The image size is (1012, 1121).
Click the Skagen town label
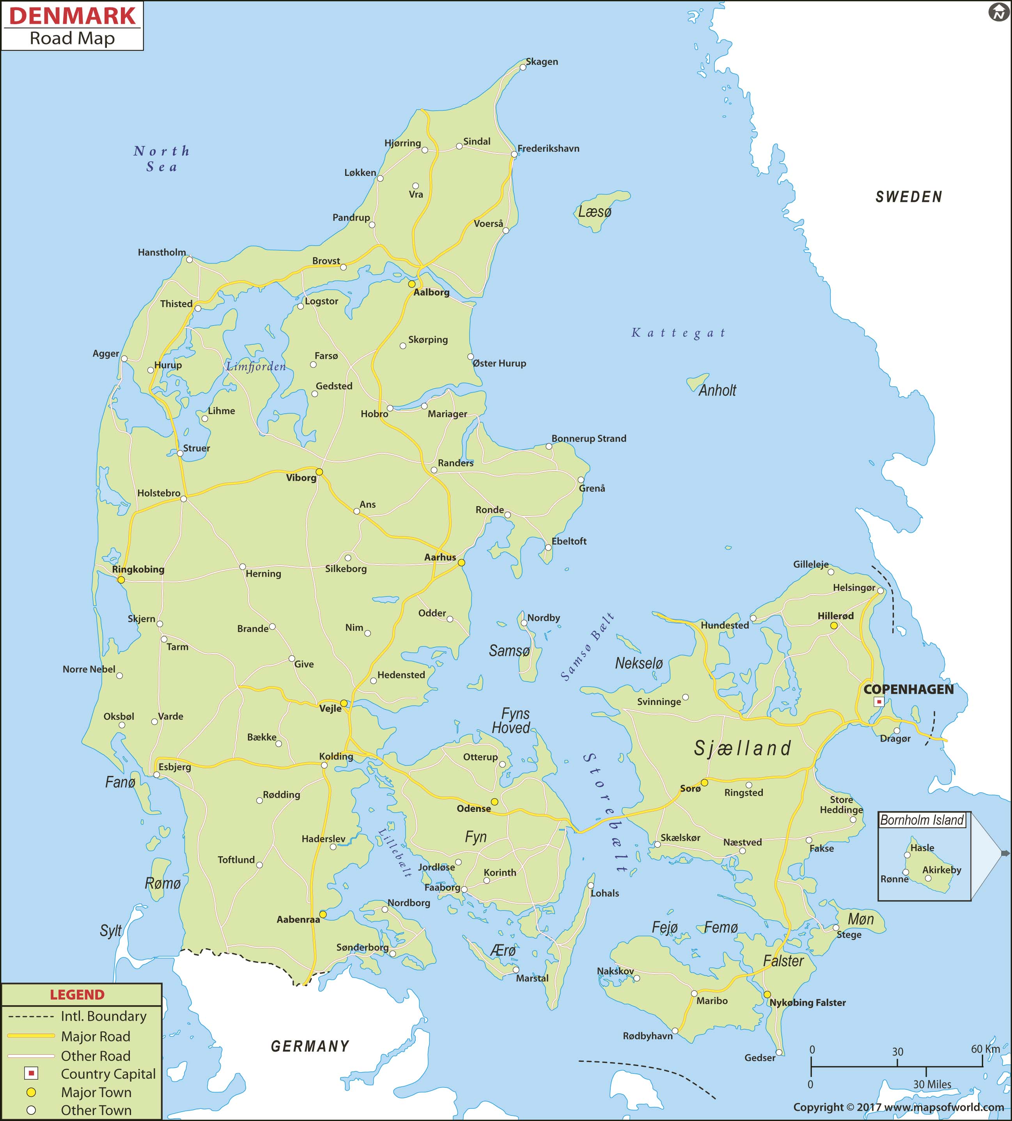point(542,62)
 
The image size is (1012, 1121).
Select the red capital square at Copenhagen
point(879,702)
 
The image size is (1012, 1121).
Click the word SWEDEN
point(909,197)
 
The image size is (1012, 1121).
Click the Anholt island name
point(717,390)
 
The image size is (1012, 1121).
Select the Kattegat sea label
point(679,333)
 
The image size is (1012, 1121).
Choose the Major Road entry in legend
point(95,1036)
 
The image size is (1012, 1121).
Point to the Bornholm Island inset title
point(922,820)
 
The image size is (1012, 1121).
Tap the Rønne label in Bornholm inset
point(894,879)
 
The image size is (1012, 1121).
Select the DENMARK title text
point(72,16)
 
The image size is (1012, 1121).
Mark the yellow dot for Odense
point(494,802)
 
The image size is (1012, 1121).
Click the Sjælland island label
point(742,749)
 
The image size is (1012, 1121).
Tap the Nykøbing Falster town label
point(807,1002)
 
